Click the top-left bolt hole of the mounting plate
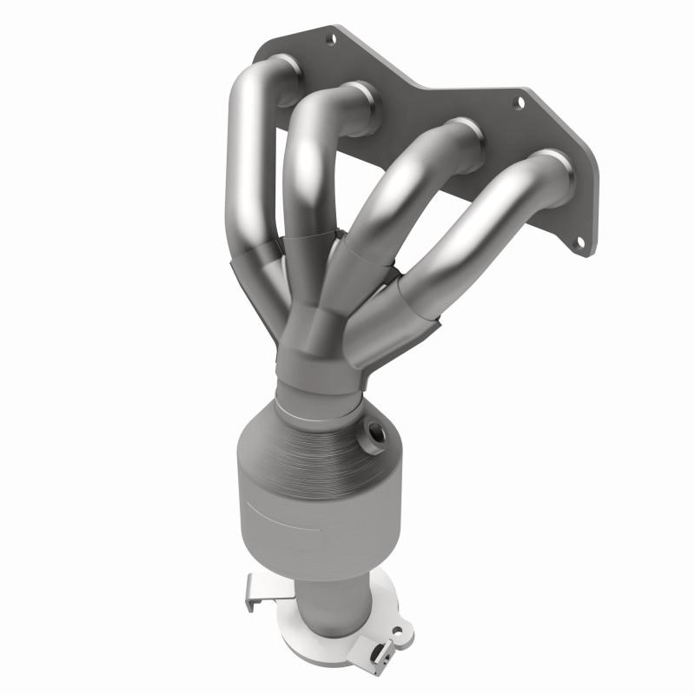point(330,38)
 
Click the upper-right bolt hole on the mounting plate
point(519,103)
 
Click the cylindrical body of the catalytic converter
point(300,504)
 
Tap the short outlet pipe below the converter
point(334,599)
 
